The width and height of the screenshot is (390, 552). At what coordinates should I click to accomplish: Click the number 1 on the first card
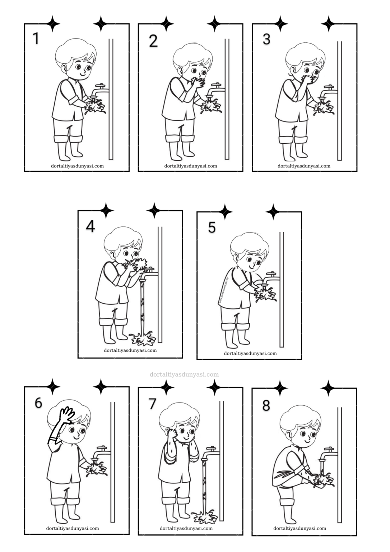[36, 38]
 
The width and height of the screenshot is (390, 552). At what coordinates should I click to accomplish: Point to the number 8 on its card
[266, 405]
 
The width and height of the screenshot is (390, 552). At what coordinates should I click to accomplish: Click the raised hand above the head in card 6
[66, 415]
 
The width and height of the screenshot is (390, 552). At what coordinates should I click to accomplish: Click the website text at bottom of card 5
[250, 353]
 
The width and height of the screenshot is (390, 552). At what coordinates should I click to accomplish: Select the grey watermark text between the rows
[184, 374]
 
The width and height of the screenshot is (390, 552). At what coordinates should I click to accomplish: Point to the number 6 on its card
[38, 403]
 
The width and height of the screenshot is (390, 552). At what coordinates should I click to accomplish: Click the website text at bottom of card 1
[78, 166]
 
